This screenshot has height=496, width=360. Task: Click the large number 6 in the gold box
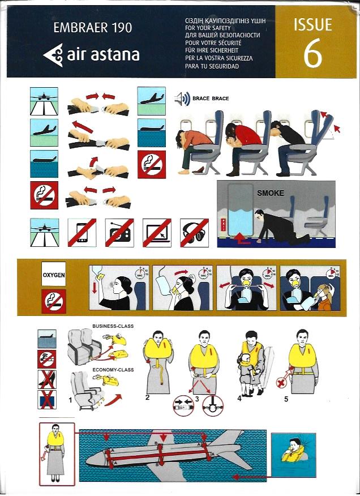[313, 53]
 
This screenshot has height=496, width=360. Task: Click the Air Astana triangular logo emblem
[53, 55]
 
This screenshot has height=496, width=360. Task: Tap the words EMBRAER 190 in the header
[93, 28]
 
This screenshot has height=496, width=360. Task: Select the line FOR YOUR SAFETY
[208, 28]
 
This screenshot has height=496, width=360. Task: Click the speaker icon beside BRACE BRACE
[182, 99]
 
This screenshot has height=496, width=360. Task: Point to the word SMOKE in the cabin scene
[271, 193]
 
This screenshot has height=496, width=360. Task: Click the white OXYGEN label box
[54, 274]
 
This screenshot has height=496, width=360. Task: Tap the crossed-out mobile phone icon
[82, 233]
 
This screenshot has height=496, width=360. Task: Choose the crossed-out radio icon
[119, 233]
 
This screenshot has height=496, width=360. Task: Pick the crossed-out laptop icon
[157, 233]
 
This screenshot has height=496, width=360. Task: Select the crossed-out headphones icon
[194, 233]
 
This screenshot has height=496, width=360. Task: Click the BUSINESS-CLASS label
[113, 326]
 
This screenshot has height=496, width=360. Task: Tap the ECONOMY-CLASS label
[113, 370]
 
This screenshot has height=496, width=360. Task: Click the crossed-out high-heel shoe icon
[47, 379]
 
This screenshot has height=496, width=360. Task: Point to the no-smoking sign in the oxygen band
[54, 301]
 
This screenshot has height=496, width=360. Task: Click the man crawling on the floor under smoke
[278, 226]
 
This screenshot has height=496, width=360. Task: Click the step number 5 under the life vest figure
[286, 399]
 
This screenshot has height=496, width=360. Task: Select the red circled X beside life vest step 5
[281, 383]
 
